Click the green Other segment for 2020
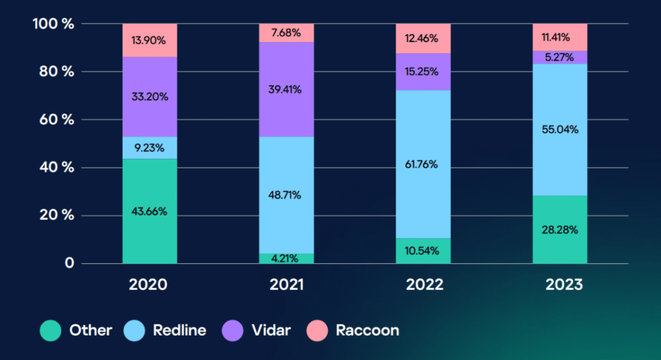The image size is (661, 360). (x=150, y=211)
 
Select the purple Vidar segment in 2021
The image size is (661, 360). (x=286, y=90)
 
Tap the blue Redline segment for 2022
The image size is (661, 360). (x=423, y=165)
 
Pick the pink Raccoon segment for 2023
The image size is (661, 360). (x=560, y=37)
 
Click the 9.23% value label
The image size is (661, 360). (x=149, y=148)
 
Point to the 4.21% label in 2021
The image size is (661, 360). (x=285, y=259)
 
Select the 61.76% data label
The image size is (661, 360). (x=421, y=165)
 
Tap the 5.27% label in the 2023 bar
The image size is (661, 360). (x=560, y=57)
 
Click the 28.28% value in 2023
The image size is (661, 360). (x=560, y=230)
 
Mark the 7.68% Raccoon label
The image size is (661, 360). (x=286, y=32)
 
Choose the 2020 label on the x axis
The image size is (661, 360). (x=148, y=285)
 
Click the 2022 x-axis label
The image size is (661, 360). (x=425, y=285)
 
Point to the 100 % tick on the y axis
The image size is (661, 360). (x=54, y=24)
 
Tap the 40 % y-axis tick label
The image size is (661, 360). (x=57, y=167)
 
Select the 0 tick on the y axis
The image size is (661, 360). (x=69, y=263)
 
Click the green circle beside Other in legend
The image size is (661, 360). (x=50, y=330)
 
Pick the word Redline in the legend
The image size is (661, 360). (x=179, y=330)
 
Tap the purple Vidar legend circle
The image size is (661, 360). (x=232, y=330)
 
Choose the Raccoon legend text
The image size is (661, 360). (x=367, y=330)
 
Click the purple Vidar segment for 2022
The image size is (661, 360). (x=423, y=72)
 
